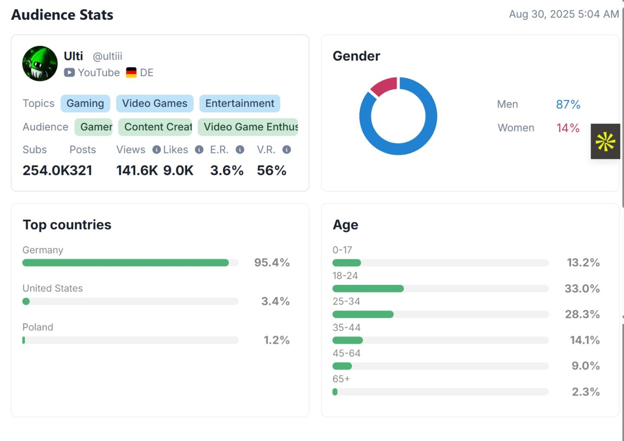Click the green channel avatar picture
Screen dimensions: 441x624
[x=40, y=64]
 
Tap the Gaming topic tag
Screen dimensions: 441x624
[x=85, y=104]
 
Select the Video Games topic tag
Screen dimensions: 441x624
[x=155, y=104]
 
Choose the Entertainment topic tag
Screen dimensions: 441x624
[x=240, y=104]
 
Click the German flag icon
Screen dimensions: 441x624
[x=131, y=73]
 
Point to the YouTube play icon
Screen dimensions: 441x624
[x=69, y=73]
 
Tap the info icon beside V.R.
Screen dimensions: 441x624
[x=286, y=150]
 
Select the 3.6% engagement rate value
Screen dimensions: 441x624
[x=227, y=170]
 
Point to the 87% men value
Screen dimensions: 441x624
[x=568, y=104]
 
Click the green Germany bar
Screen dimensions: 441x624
[x=126, y=263]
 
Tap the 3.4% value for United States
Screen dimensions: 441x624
[x=275, y=301]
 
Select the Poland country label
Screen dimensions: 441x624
[x=38, y=327]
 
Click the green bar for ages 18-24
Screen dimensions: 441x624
[x=368, y=289]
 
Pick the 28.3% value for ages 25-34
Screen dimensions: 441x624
[x=582, y=314]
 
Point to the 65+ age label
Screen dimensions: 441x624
[x=341, y=379]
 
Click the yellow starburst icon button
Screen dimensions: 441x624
[x=605, y=142]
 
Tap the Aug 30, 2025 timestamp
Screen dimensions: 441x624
[x=563, y=14]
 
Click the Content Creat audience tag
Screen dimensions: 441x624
[x=155, y=127]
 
